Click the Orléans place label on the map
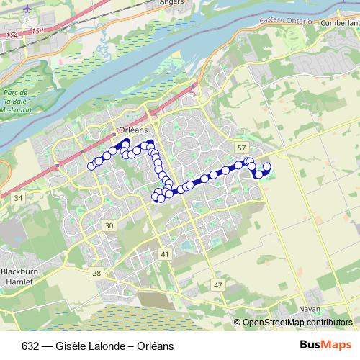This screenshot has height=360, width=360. point(132,130)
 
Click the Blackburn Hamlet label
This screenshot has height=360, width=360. point(17,276)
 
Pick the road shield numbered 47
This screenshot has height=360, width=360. point(217,285)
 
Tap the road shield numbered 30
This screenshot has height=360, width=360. point(109,226)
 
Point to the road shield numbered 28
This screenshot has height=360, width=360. point(96,274)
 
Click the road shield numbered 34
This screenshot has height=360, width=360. point(18,197)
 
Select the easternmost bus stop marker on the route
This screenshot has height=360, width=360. point(266,167)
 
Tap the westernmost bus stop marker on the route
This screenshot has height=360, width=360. point(91,166)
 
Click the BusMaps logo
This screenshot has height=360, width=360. point(330,344)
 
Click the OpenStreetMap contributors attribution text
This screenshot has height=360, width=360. point(297,323)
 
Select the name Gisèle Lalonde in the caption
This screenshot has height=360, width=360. point(82,346)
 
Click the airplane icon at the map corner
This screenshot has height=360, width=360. point(27,9)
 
